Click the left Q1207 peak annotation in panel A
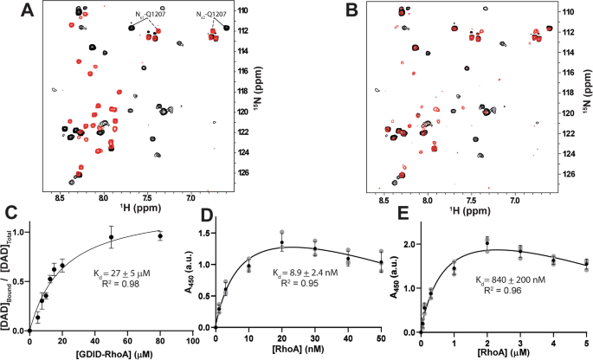click(x=152, y=15)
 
